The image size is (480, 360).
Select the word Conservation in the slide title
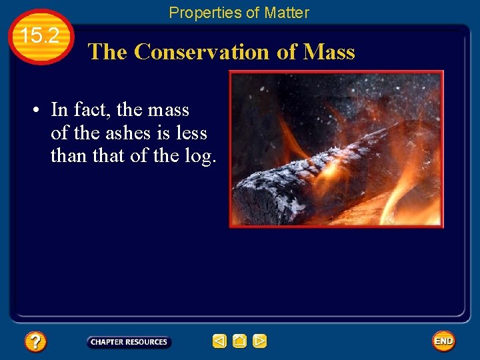[x=203, y=52]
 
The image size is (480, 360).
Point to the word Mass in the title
[x=329, y=52]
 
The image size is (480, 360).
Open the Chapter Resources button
[x=129, y=342]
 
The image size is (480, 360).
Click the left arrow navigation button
[x=219, y=341]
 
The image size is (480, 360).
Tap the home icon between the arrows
[x=239, y=341]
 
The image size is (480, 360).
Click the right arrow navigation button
[x=260, y=341]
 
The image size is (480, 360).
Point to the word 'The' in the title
[x=107, y=52]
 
